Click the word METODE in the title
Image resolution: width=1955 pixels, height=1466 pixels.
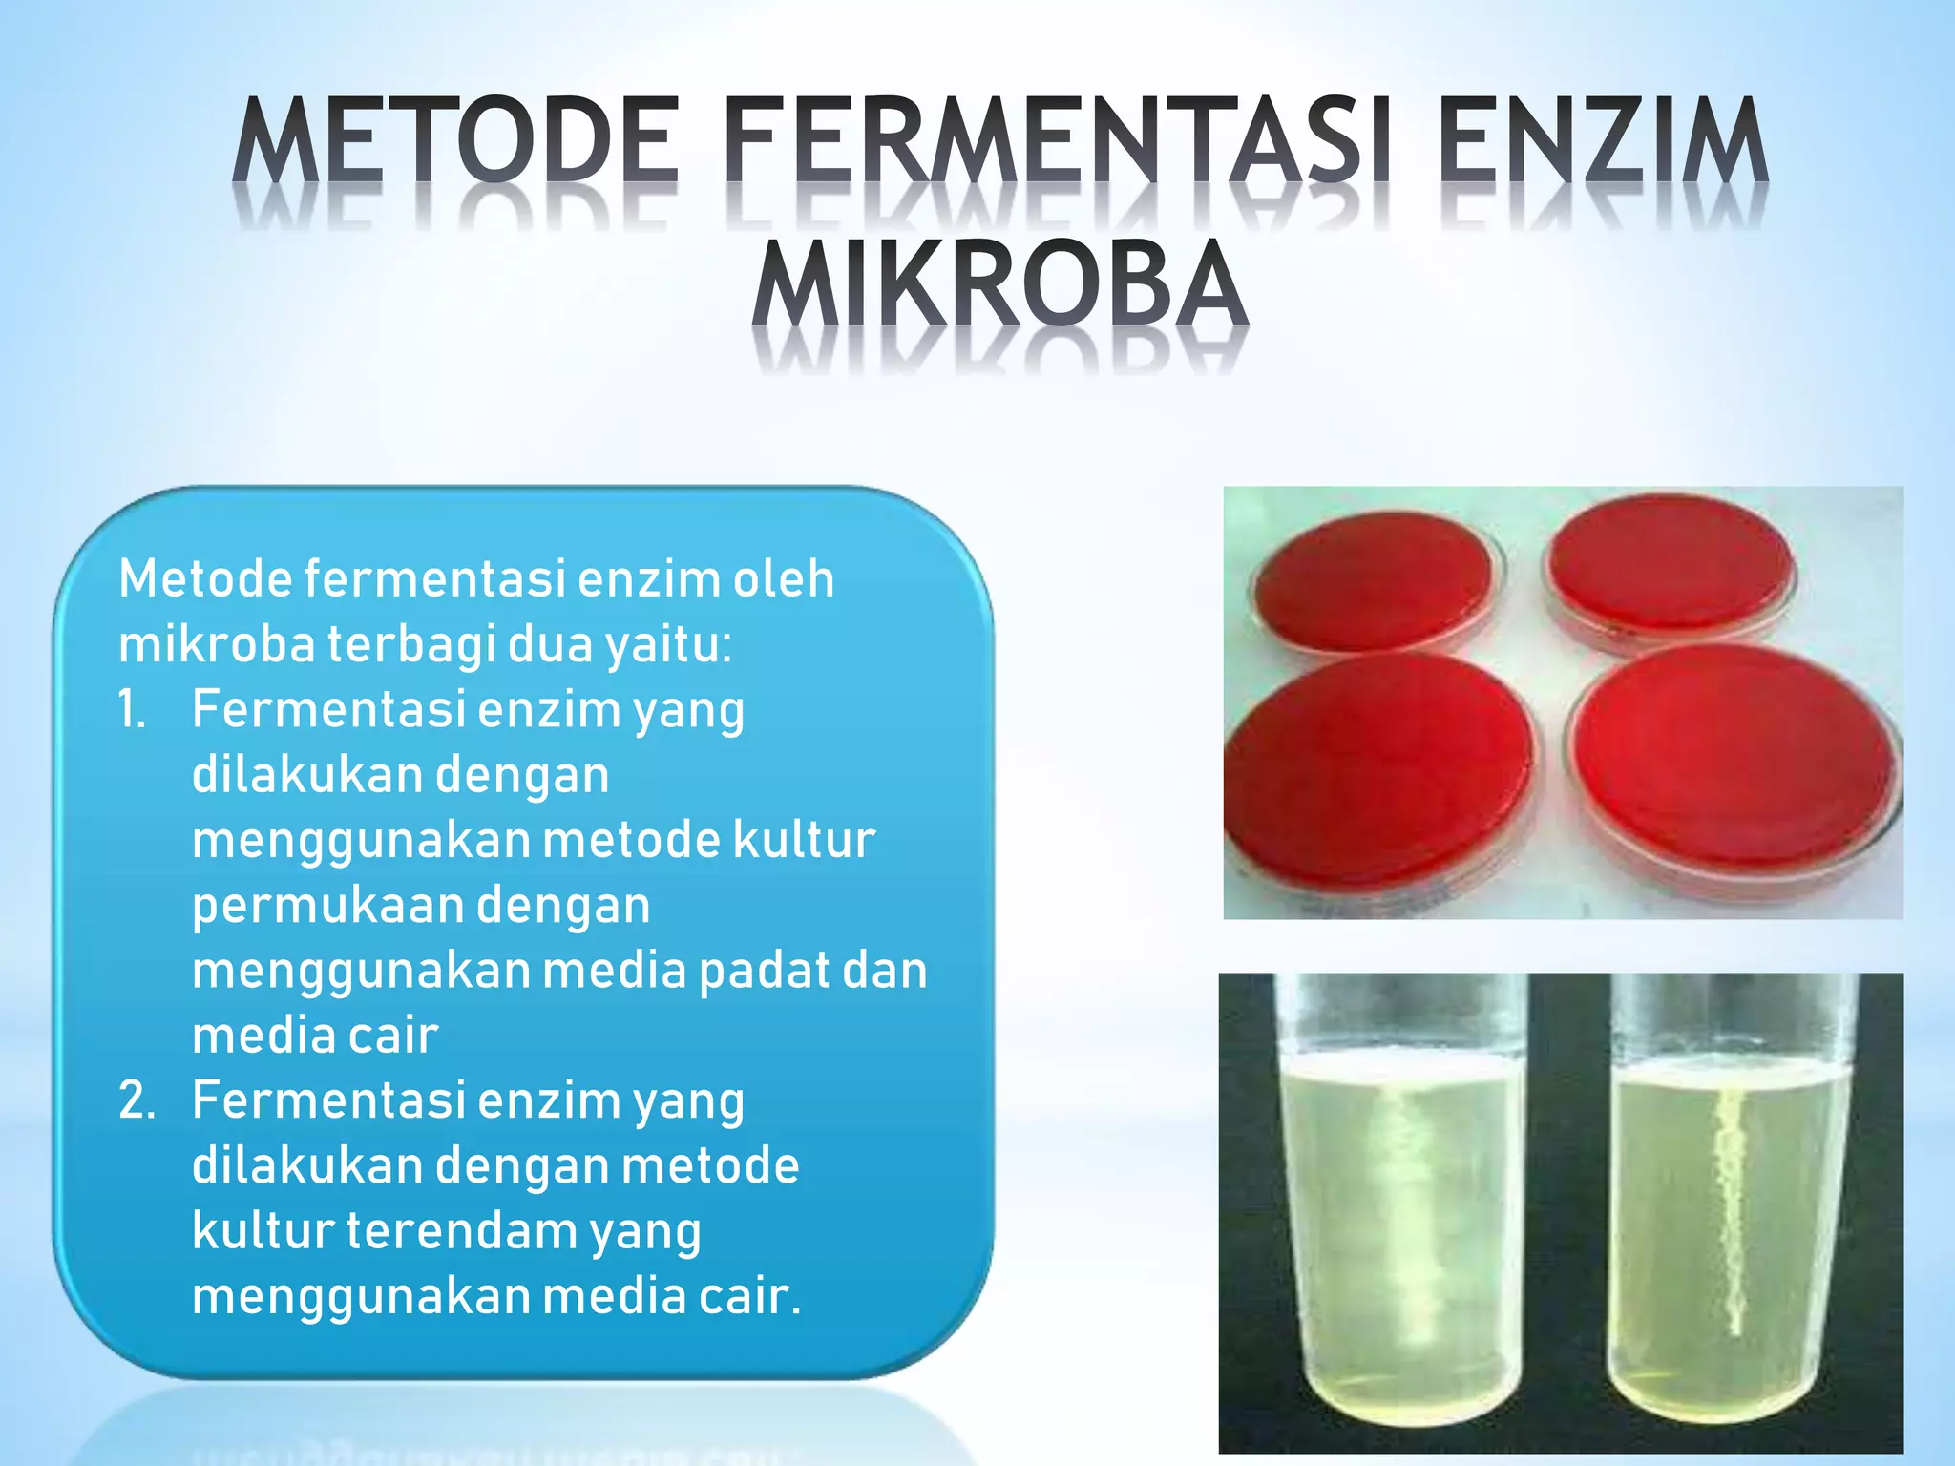click(x=456, y=141)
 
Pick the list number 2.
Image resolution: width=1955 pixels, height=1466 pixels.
click(x=136, y=1100)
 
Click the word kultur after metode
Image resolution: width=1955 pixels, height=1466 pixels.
click(x=804, y=840)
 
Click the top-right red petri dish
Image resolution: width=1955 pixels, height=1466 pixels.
click(x=1671, y=563)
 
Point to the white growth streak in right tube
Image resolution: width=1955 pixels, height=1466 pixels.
click(x=1730, y=1212)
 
